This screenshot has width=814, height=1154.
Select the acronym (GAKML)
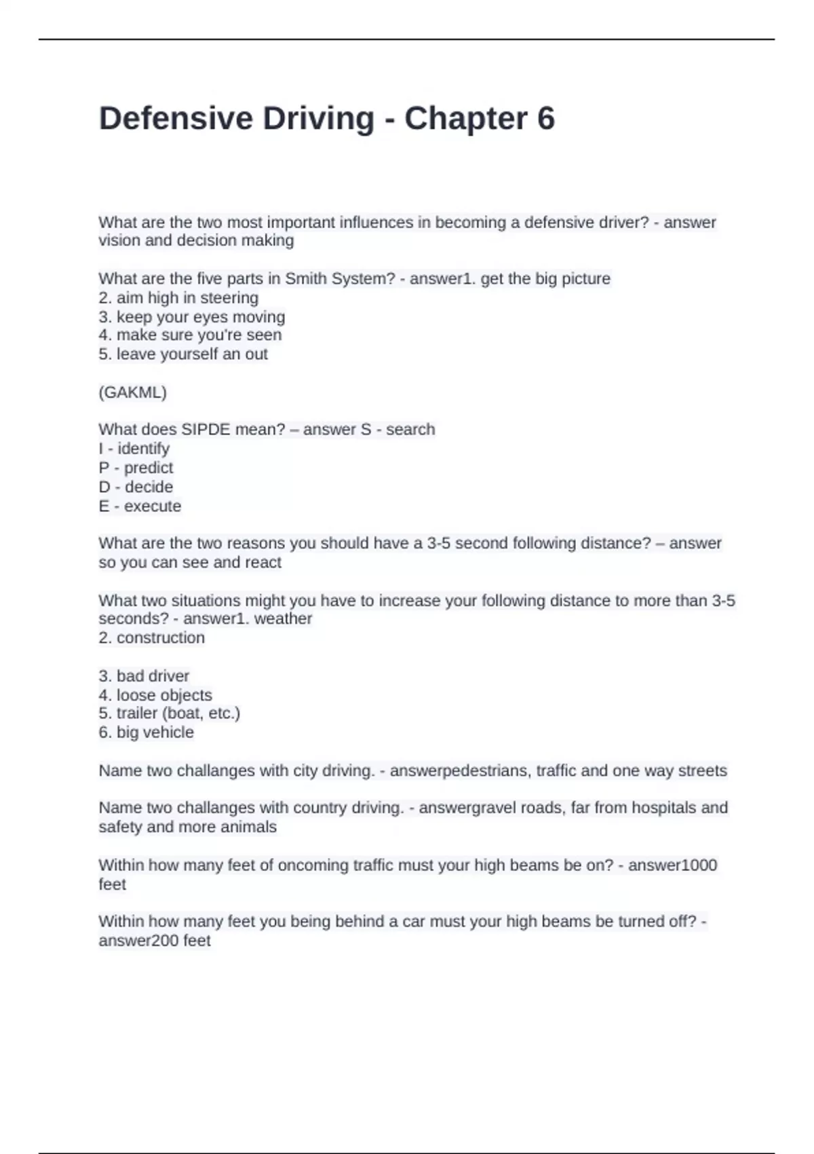(x=132, y=392)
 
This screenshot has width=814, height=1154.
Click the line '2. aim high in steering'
(x=178, y=297)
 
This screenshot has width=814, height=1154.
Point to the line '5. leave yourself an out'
(x=183, y=354)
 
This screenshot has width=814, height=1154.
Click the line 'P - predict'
(x=136, y=468)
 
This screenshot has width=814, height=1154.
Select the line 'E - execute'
(x=140, y=506)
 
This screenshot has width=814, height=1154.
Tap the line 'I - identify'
(x=134, y=449)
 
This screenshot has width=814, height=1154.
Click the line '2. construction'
(x=151, y=637)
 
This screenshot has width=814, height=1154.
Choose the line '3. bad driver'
(x=144, y=675)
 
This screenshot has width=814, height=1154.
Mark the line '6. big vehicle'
(x=146, y=732)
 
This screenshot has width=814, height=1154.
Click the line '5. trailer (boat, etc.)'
(x=170, y=713)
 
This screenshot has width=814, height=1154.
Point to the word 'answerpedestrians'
(x=461, y=770)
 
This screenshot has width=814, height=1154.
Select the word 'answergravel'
(x=467, y=807)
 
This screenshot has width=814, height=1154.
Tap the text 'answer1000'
(x=672, y=865)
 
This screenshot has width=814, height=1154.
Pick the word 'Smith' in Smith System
(x=304, y=278)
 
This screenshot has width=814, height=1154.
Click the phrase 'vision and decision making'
(x=196, y=240)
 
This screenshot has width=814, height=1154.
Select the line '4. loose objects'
(x=155, y=694)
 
